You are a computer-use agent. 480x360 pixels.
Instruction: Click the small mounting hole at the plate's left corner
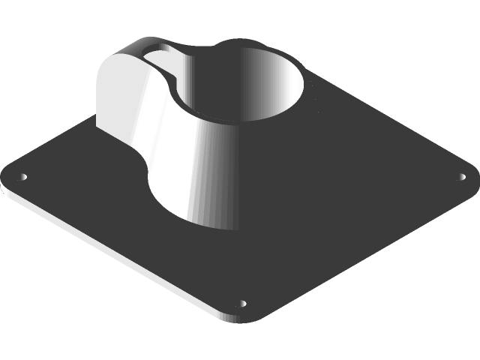(x=22, y=178)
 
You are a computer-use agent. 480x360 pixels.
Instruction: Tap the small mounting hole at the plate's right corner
(x=461, y=178)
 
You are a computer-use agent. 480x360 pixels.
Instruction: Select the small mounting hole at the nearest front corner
(x=241, y=304)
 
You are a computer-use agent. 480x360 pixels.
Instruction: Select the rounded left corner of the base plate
(x=9, y=180)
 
